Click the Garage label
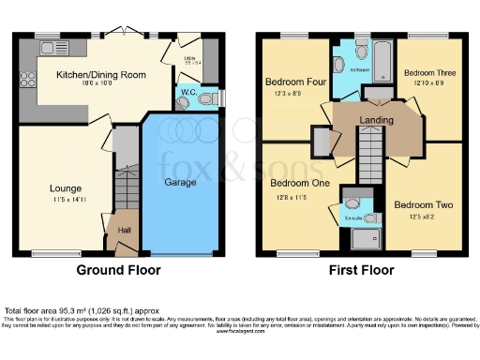180,182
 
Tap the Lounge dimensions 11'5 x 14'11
66,200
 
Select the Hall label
124,228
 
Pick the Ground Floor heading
117,270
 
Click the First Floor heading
361,270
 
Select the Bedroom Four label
294,81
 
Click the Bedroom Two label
424,205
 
